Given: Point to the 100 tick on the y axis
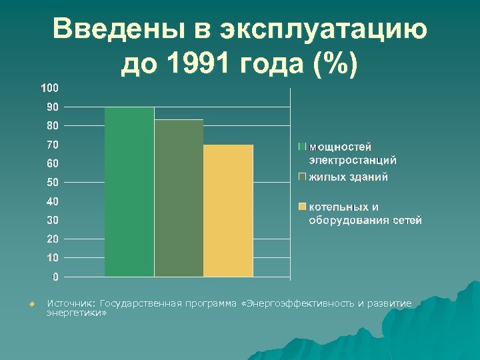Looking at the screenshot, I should [x=49, y=88].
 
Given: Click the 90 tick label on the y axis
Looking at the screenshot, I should [x=52, y=107].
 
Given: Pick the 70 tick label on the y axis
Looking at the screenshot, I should [x=52, y=145].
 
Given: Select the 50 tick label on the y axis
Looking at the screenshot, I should [x=52, y=182].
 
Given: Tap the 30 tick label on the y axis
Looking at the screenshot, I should [x=52, y=220].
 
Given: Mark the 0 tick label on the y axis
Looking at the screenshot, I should [x=55, y=277].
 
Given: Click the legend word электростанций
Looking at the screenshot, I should [x=352, y=160].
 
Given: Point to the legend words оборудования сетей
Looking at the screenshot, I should [x=365, y=221].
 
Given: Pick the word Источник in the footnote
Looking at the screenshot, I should [x=71, y=304].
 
